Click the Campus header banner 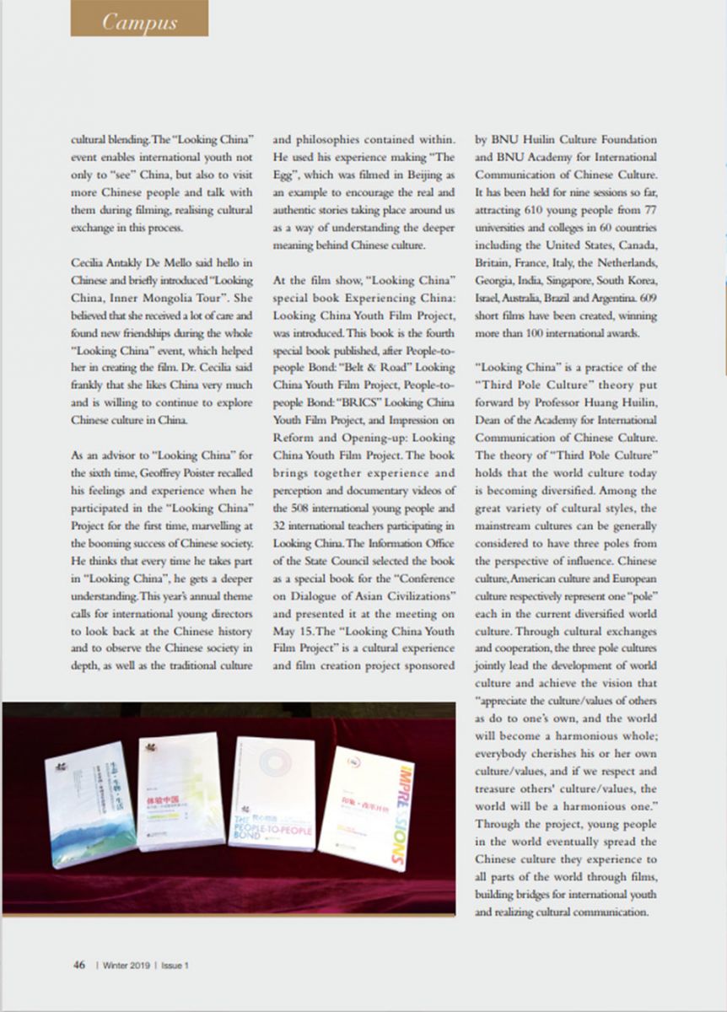139,21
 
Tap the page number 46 78,966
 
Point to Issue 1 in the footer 174,966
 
